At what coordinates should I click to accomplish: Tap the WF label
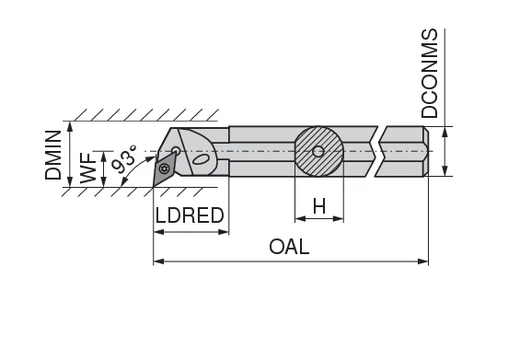point(88,168)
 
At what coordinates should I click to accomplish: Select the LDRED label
point(190,216)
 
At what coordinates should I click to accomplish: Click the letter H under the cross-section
point(318,206)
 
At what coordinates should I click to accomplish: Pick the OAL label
point(289,247)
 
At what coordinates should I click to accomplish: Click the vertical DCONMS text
point(430,74)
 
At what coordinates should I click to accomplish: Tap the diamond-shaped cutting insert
point(164,167)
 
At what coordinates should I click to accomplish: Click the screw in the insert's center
point(164,168)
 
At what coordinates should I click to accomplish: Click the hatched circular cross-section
point(318,150)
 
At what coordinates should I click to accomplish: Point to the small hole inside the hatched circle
point(318,150)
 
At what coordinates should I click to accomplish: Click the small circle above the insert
point(176,150)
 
